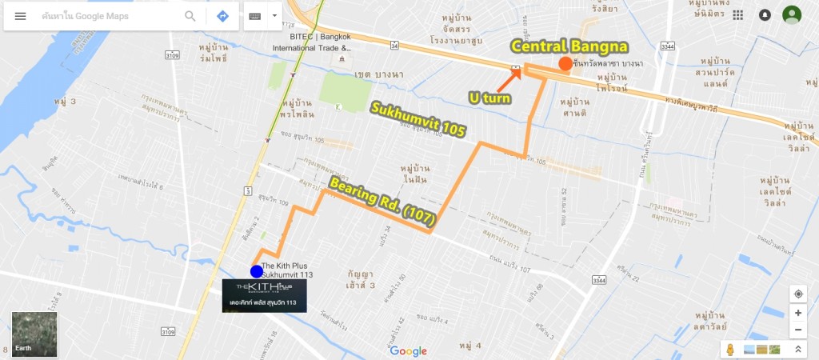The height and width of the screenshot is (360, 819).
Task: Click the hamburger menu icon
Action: [21, 16]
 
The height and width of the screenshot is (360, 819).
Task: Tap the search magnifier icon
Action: [190, 16]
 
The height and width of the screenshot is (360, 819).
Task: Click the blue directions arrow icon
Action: [222, 16]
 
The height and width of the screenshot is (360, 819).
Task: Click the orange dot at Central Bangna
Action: [565, 64]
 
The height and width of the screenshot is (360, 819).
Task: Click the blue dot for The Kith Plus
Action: [257, 271]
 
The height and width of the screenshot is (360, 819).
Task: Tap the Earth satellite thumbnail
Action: [34, 333]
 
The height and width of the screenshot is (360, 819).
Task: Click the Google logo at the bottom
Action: [409, 351]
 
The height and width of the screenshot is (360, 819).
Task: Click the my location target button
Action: [798, 294]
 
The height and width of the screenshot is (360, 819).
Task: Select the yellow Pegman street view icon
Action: [730, 350]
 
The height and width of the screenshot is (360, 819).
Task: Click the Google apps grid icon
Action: [737, 15]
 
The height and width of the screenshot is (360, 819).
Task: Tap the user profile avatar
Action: [792, 15]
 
